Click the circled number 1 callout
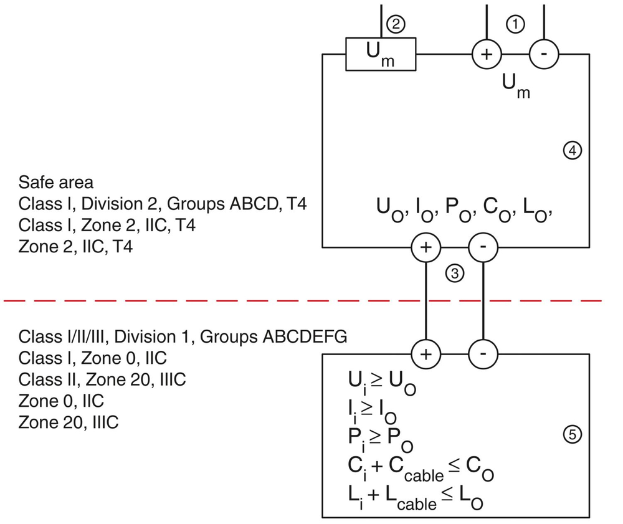(x=515, y=24)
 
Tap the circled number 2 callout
(x=396, y=24)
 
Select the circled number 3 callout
(x=455, y=274)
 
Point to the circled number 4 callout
(x=572, y=151)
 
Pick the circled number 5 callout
(x=572, y=434)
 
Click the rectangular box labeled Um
(x=381, y=54)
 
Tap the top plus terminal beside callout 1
(x=487, y=54)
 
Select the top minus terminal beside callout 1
(x=544, y=54)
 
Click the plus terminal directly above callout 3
(x=426, y=247)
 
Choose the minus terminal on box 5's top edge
(x=483, y=353)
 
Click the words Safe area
(x=56, y=183)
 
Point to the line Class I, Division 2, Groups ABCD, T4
(x=163, y=204)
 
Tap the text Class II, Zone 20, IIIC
(x=102, y=379)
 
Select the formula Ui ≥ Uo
(x=382, y=383)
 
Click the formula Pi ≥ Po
(x=381, y=440)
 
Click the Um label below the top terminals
(x=516, y=86)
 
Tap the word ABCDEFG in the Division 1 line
(x=305, y=337)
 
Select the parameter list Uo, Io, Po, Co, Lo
(x=464, y=210)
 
